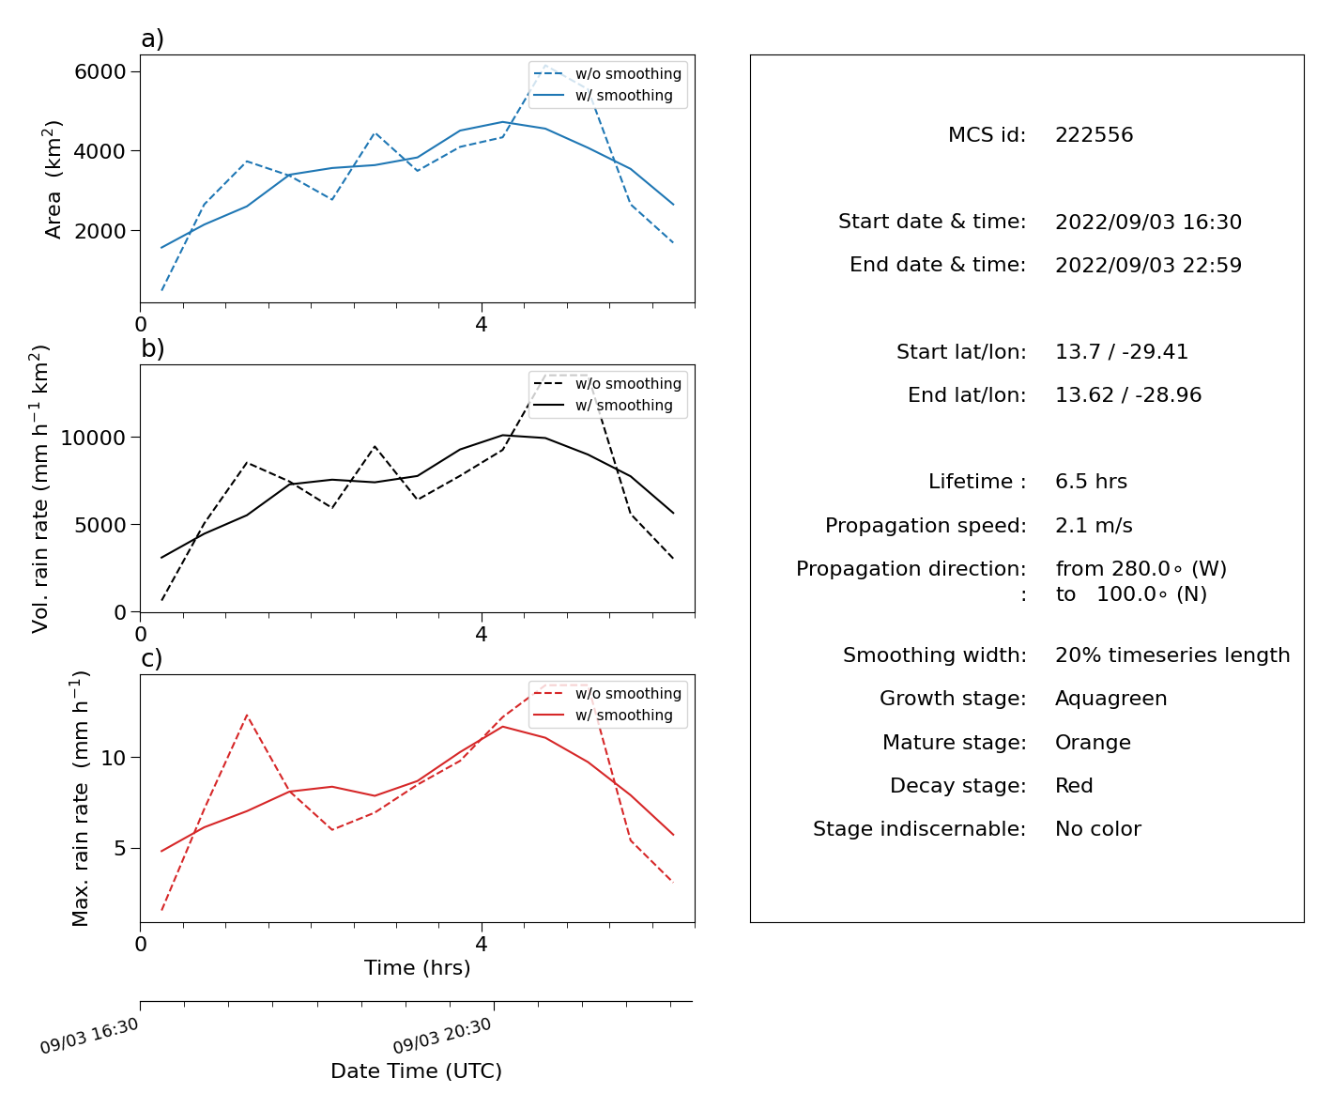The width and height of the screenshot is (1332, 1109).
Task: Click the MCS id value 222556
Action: click(1094, 134)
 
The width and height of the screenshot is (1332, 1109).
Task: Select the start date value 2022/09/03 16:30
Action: click(1148, 222)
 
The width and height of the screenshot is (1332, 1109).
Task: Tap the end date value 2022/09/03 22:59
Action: click(1148, 265)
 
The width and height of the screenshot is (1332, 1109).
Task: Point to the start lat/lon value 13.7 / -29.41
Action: click(1121, 351)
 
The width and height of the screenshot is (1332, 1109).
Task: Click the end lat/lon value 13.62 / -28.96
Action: click(1128, 395)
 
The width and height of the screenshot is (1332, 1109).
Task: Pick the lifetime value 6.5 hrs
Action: click(1091, 481)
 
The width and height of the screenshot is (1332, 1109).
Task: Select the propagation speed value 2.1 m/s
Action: click(1094, 525)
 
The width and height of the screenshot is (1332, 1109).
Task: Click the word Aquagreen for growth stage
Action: click(1110, 699)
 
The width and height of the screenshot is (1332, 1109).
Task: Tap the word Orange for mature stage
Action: click(1093, 743)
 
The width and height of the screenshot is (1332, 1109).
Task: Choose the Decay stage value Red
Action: click(1074, 785)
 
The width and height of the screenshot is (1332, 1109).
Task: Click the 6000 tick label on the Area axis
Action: click(100, 71)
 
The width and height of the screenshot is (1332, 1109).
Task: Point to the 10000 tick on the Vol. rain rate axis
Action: click(93, 438)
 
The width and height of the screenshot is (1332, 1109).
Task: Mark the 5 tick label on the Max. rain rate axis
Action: click(120, 849)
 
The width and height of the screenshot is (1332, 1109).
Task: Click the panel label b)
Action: click(152, 348)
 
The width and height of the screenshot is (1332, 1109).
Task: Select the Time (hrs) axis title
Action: click(417, 968)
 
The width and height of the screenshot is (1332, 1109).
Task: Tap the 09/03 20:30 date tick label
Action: click(442, 1036)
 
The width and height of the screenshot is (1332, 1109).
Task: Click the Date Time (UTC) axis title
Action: click(416, 1071)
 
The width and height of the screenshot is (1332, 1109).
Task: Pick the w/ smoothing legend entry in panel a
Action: click(603, 96)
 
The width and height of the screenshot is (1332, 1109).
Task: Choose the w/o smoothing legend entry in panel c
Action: click(607, 694)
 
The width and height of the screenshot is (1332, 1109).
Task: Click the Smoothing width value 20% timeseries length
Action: click(1172, 655)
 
